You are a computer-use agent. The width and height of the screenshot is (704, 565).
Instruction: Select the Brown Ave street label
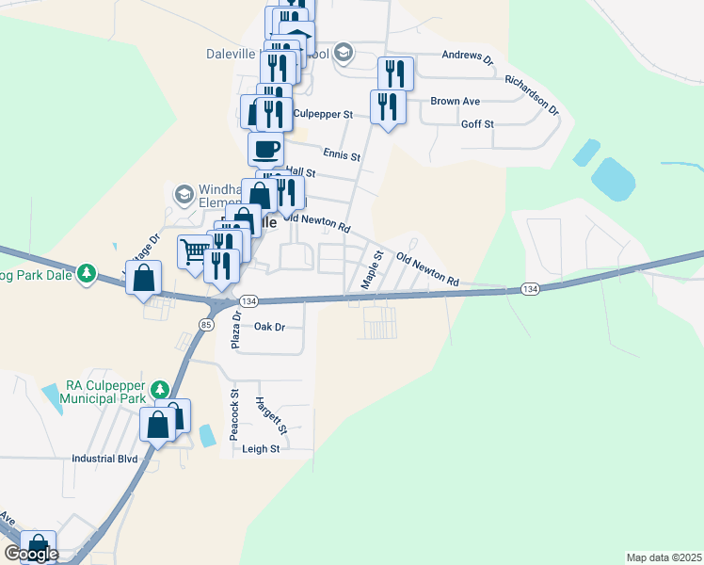pyautogui.click(x=456, y=101)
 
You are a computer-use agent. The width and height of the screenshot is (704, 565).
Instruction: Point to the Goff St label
pyautogui.click(x=477, y=124)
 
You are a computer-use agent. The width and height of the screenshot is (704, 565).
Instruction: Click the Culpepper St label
pyautogui.click(x=323, y=114)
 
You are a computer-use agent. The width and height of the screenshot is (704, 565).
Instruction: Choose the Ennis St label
pyautogui.click(x=341, y=154)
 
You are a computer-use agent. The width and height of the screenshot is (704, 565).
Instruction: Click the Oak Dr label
pyautogui.click(x=269, y=327)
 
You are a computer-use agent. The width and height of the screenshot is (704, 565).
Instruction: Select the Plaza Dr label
pyautogui.click(x=237, y=331)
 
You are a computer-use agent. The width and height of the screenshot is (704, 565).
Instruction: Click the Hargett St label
pyautogui.click(x=271, y=415)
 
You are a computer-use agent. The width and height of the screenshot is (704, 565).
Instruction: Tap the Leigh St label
pyautogui.click(x=262, y=449)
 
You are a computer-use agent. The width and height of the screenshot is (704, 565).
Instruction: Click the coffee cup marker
pyautogui.click(x=266, y=148)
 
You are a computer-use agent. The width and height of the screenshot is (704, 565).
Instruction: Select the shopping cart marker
pyautogui.click(x=194, y=251)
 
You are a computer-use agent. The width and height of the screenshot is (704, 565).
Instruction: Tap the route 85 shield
pyautogui.click(x=205, y=325)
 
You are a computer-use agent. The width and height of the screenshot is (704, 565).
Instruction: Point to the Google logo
pyautogui.click(x=31, y=554)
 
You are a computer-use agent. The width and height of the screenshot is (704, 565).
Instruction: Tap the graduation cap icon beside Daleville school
pyautogui.click(x=344, y=53)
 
